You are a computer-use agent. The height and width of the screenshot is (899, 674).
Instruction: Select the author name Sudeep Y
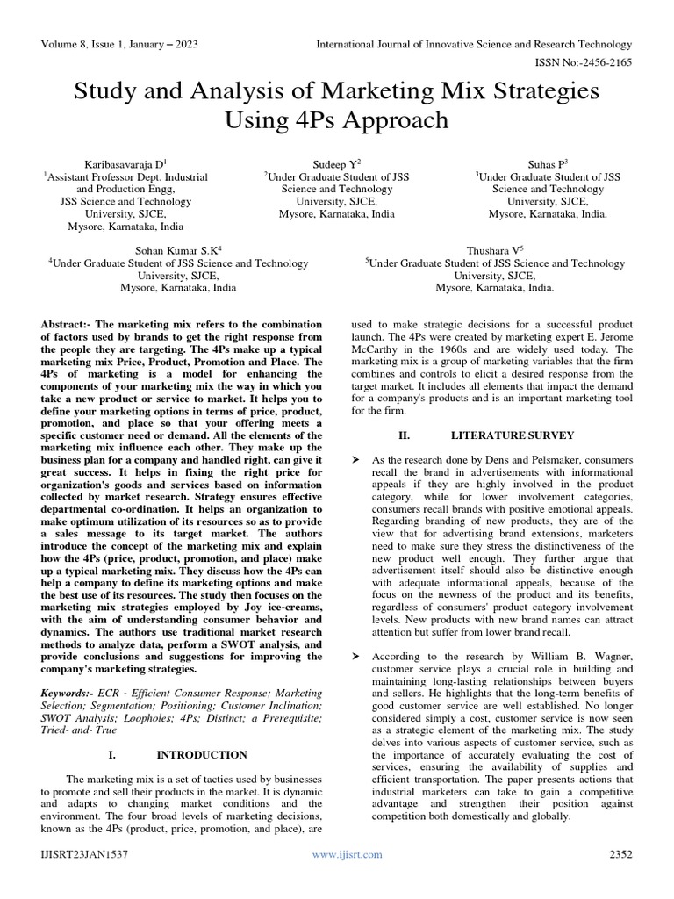336,164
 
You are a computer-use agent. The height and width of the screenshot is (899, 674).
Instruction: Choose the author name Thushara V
494,250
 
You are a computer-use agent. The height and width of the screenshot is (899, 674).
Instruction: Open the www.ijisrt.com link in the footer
347,854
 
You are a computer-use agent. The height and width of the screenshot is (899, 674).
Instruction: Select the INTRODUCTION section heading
202,754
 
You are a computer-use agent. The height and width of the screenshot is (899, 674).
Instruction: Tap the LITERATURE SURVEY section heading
513,435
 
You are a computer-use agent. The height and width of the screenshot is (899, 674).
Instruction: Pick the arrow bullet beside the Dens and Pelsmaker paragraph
355,460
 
